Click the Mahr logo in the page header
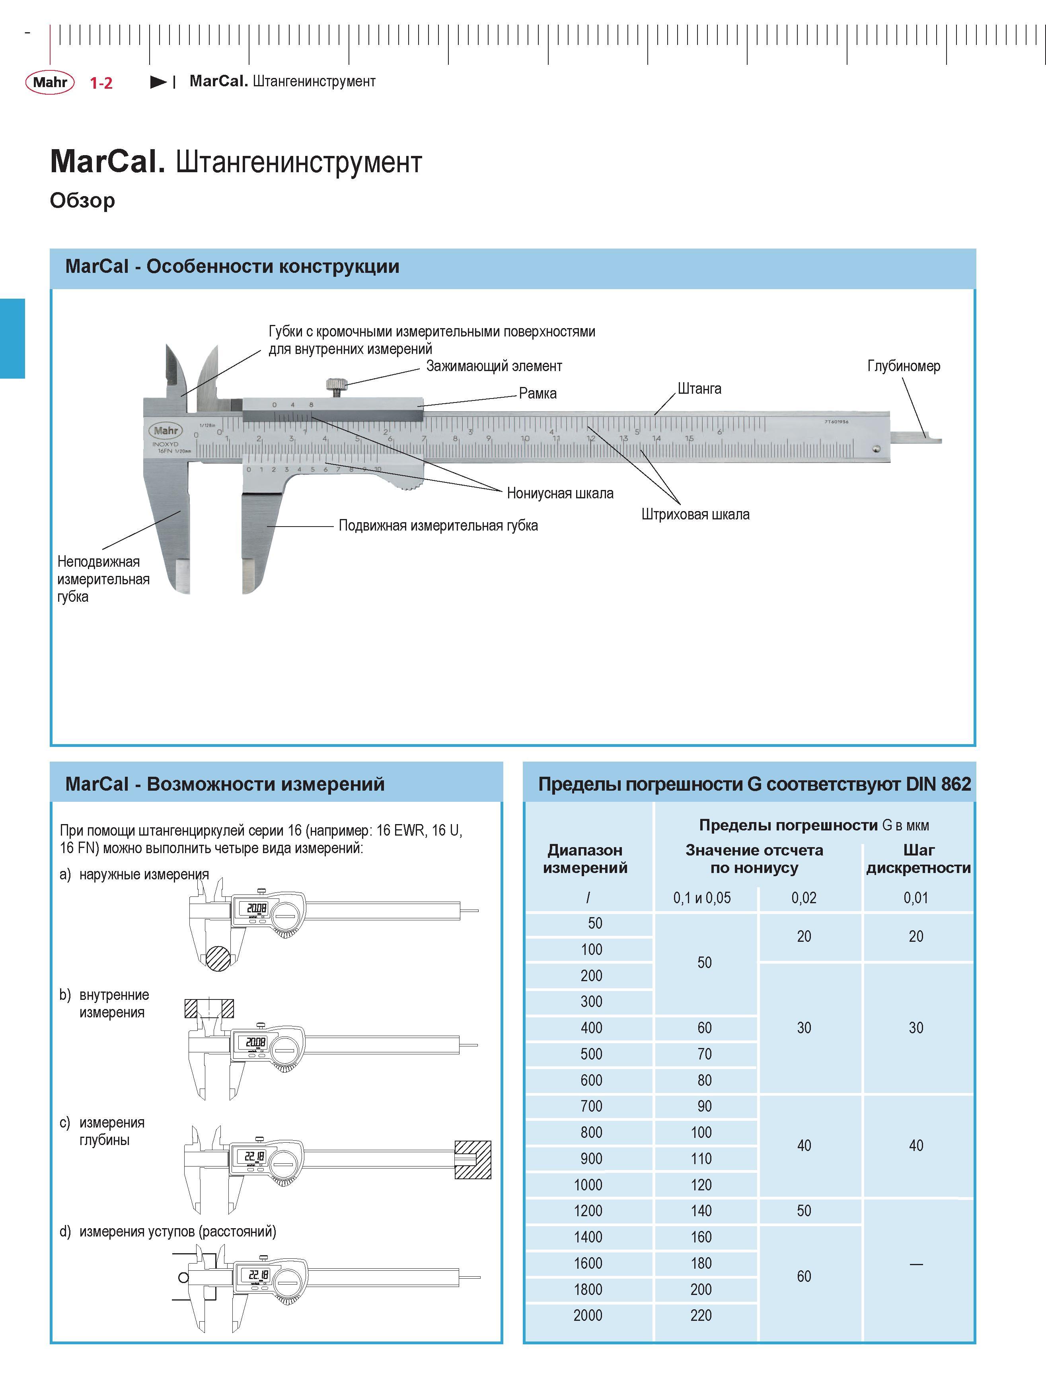50,82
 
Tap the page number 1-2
101,83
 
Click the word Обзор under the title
83,200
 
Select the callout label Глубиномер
904,366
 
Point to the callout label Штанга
699,389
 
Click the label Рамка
538,393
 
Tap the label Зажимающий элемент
494,366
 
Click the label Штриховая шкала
695,514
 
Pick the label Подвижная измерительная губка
438,526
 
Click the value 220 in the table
701,1315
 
